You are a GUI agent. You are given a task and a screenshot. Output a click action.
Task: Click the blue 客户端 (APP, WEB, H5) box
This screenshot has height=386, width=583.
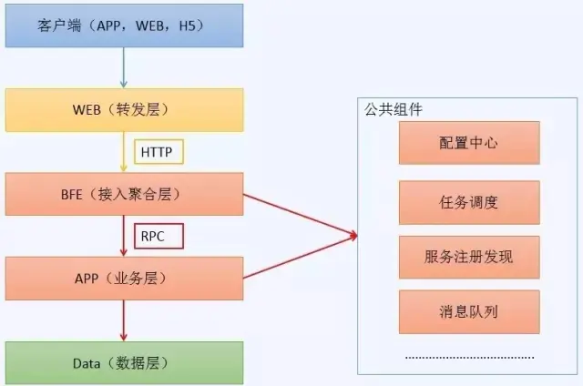[x=122, y=25]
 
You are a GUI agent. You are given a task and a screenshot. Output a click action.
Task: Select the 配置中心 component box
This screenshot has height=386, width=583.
[x=468, y=143]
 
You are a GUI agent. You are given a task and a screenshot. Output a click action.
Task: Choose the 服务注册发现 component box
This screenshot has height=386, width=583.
[x=468, y=257]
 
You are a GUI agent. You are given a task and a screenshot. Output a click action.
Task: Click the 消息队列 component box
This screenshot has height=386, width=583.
[x=468, y=312]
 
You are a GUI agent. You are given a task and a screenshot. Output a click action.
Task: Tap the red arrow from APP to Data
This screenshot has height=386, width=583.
[x=123, y=320]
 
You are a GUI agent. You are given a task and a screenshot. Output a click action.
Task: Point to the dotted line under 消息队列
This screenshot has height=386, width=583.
[x=469, y=357]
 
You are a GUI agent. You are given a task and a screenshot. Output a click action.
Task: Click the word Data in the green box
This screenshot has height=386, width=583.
[x=87, y=363]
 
